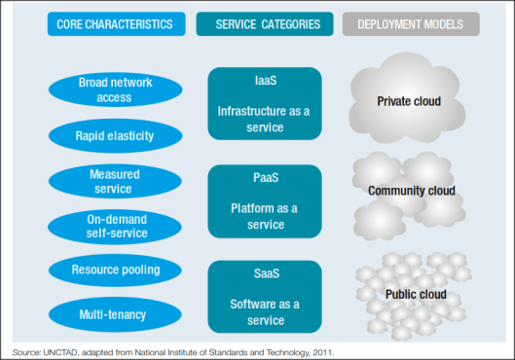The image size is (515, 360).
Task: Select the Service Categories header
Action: tap(263, 23)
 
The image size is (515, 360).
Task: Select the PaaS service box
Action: tap(264, 200)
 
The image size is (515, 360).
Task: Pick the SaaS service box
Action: tap(264, 294)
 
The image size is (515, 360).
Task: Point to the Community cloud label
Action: tap(412, 191)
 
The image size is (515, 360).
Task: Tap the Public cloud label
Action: tap(415, 294)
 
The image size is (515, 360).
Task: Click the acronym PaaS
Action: tap(264, 179)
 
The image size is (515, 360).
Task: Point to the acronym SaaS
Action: tap(264, 275)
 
